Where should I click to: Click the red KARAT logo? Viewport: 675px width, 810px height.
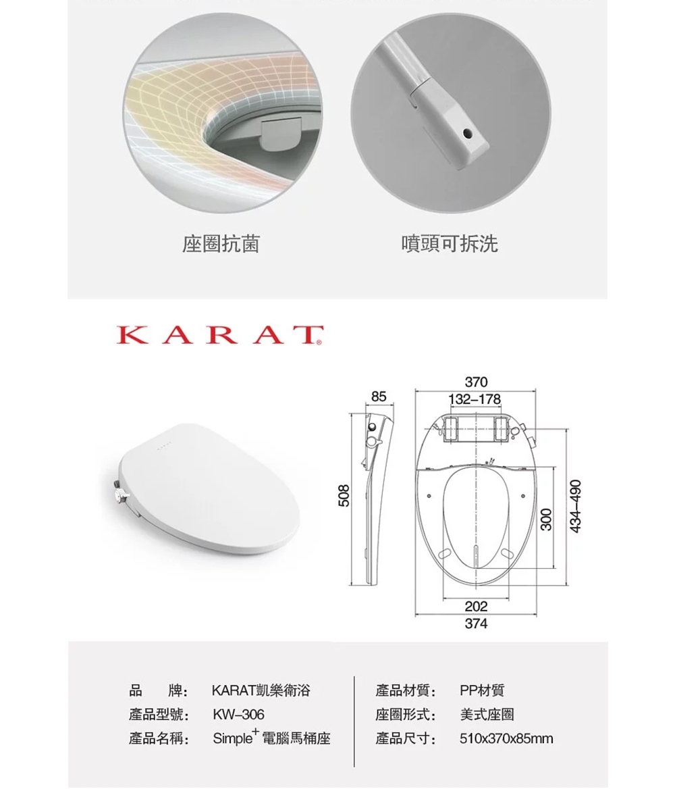219,335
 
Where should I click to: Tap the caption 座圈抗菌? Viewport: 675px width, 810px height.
221,244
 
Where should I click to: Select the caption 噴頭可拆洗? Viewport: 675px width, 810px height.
450,244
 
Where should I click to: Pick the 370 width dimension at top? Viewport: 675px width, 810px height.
476,382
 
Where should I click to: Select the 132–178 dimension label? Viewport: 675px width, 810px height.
476,399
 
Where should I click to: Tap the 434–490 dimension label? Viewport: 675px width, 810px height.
576,506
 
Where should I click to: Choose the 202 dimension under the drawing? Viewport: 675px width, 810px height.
476,607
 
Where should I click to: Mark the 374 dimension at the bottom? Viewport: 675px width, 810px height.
476,624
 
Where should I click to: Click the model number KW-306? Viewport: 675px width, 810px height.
238,715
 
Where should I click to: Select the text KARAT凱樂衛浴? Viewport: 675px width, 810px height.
262,690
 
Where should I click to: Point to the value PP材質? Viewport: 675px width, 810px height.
482,690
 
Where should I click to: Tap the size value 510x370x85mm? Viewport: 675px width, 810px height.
506,739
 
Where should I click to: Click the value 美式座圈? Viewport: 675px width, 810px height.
487,715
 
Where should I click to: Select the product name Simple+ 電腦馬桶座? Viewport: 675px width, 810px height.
272,738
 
